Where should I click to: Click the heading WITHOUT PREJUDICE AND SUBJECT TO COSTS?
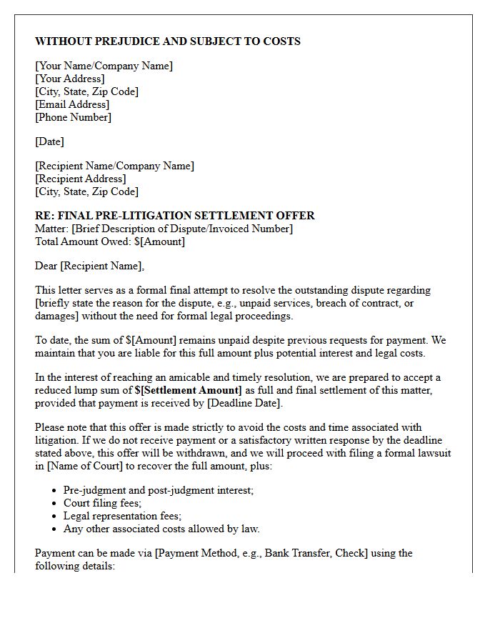pos(168,41)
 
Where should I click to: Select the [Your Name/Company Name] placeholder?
pos(104,66)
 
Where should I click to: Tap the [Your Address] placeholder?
pos(70,79)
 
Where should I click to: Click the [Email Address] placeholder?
pos(72,104)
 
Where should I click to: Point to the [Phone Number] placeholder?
pos(74,117)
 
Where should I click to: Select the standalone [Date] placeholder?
pos(49,141)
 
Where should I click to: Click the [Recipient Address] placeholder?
pos(81,179)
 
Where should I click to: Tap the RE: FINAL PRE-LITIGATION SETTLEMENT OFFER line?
pos(175,216)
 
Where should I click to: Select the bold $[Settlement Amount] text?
pos(189,390)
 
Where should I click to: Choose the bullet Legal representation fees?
pos(122,516)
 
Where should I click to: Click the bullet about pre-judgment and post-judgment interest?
pos(159,490)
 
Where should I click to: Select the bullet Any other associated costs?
pos(161,529)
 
